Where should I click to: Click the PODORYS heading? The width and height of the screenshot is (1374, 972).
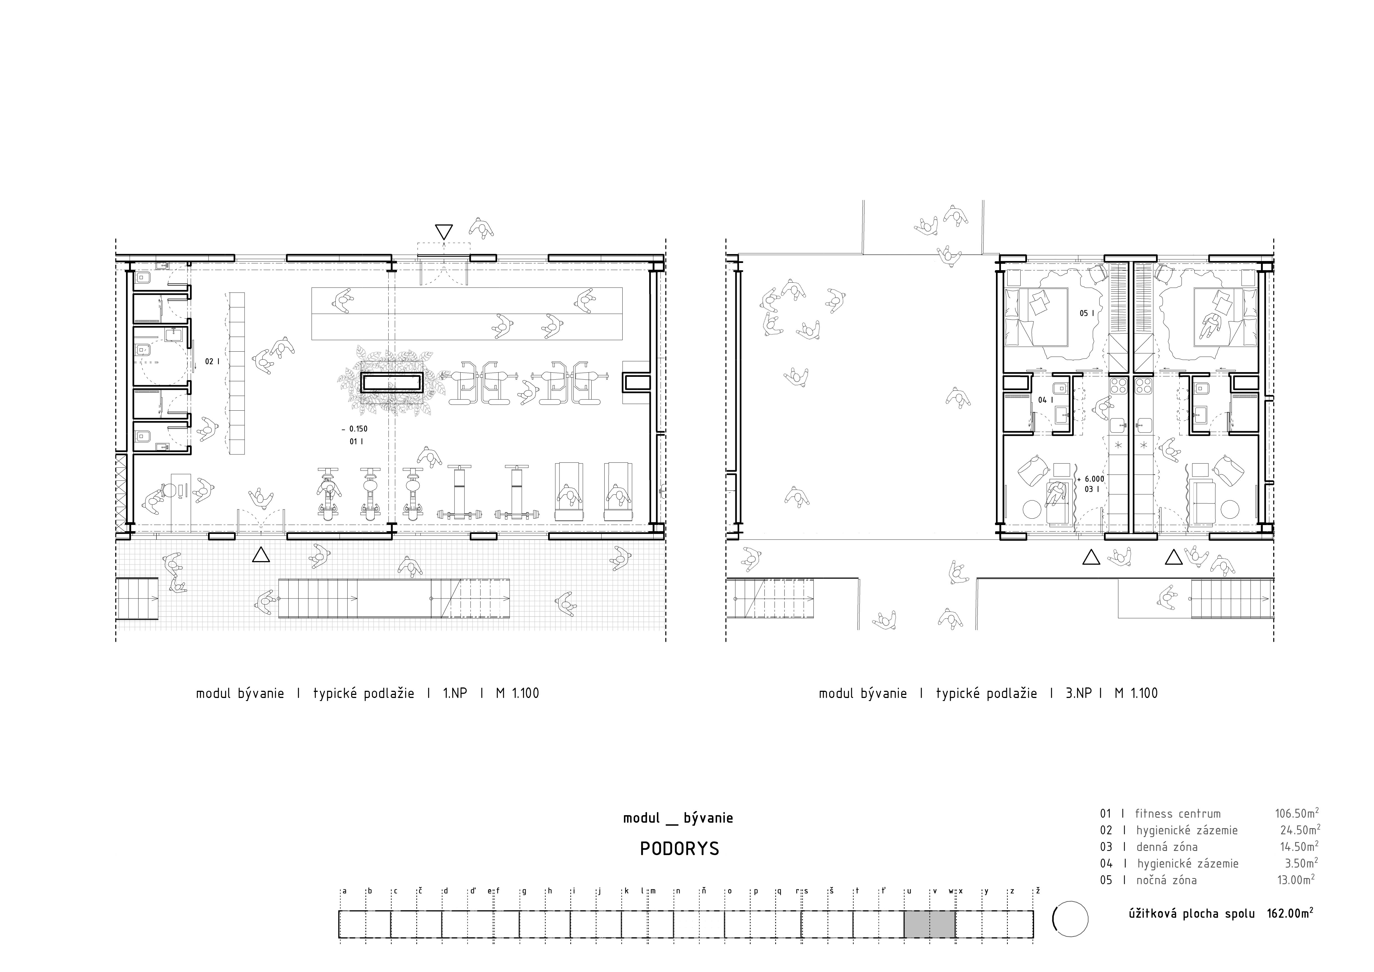pos(679,849)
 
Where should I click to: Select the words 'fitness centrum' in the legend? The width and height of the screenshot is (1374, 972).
pos(1178,814)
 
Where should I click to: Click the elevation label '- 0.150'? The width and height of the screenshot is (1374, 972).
pos(354,429)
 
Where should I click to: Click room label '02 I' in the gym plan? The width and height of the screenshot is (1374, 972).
pos(212,362)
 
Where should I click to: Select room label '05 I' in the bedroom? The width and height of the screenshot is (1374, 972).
pos(1087,313)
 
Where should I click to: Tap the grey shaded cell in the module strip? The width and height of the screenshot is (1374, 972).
pos(929,925)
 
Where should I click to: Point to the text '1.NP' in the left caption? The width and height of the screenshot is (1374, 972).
pos(455,694)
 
